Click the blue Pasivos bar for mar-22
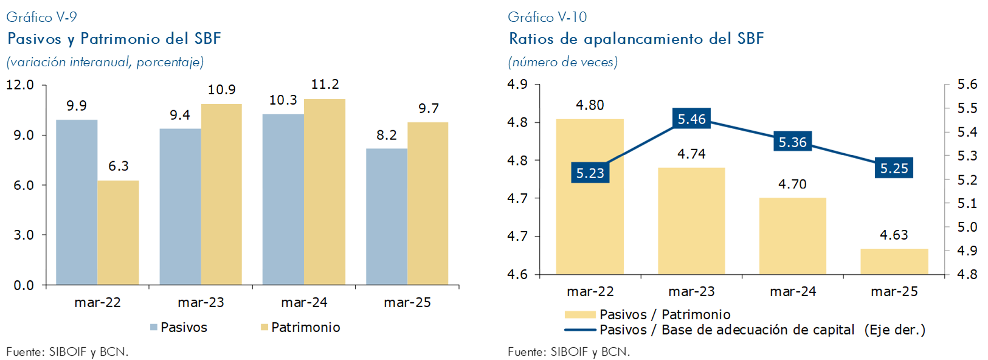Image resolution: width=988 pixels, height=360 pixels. (x=77, y=202)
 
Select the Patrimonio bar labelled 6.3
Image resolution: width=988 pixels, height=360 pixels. (x=118, y=232)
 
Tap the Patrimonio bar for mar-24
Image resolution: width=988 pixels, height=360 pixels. (x=325, y=192)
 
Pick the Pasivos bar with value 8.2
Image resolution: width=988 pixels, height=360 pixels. (x=387, y=216)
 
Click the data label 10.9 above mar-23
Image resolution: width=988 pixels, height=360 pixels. (x=221, y=90)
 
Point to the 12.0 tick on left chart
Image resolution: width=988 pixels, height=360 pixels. (x=20, y=85)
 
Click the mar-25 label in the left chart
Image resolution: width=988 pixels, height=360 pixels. (x=407, y=302)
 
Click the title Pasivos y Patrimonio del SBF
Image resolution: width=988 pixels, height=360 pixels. (x=114, y=39)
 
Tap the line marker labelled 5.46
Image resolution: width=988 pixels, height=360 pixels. (x=692, y=119)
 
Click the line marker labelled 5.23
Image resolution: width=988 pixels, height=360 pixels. (x=590, y=173)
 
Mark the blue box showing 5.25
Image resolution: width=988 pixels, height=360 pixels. (x=894, y=168)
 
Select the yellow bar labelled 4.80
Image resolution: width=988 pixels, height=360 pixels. (x=590, y=196)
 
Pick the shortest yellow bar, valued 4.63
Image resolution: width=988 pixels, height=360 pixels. (x=894, y=261)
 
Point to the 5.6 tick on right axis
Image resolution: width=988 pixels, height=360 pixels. (x=967, y=85)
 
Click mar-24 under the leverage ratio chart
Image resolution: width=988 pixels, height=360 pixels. (x=793, y=291)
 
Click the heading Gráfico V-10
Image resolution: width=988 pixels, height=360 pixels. (x=547, y=17)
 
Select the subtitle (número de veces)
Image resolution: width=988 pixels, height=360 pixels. (x=562, y=61)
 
